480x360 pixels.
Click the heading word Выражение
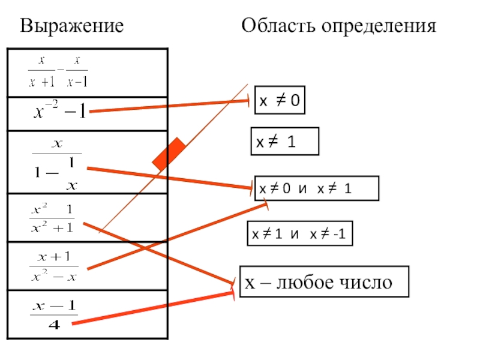[72, 26]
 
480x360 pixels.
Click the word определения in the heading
[377, 27]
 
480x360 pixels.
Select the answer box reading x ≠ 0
[280, 102]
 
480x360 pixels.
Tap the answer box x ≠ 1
[284, 142]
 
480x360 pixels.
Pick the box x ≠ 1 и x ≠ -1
[300, 235]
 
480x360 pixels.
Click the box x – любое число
[324, 282]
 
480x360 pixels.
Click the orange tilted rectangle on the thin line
[169, 154]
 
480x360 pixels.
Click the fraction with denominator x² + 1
[52, 219]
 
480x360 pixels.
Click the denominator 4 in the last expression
[54, 325]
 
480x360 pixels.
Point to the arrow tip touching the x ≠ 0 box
[248, 102]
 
